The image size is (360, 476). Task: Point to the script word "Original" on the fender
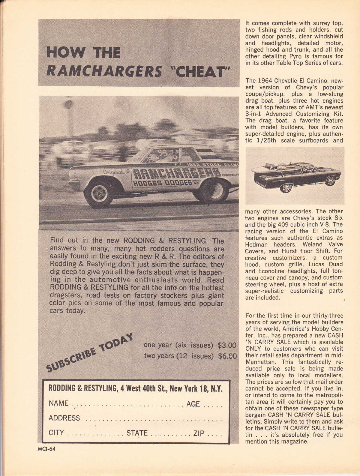pos(114,172)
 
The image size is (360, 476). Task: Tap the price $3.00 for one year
pos(227,345)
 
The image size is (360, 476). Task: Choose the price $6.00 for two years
pos(227,356)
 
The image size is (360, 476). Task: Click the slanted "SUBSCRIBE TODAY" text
pos(90,352)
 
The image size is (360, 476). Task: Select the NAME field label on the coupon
pos(58,403)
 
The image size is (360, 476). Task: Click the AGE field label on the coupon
pos(193,404)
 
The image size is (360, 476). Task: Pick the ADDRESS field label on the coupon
pos(64,418)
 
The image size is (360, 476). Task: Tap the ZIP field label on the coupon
pos(198,433)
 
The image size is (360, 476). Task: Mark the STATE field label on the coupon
pos(137,433)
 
